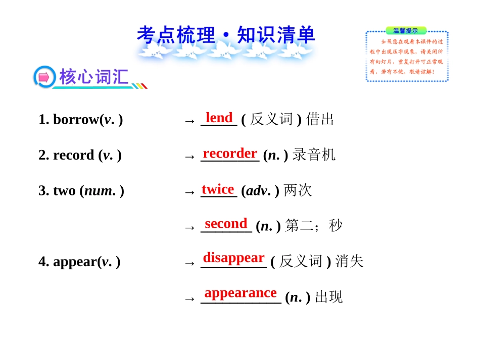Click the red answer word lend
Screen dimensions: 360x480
tap(219, 118)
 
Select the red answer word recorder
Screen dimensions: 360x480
tap(230, 153)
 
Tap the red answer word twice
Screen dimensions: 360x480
tap(218, 189)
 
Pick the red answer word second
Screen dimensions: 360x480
tap(226, 223)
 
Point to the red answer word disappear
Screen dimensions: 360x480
tap(233, 258)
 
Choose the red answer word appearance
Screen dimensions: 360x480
tap(241, 293)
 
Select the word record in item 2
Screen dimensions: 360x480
tap(74, 155)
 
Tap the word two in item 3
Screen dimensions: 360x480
tap(64, 191)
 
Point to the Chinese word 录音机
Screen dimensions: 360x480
tap(314, 155)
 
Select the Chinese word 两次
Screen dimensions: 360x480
tap(298, 191)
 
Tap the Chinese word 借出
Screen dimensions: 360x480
tap(320, 120)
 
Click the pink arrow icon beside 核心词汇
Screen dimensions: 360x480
tap(44, 77)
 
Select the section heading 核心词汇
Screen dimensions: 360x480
tap(93, 77)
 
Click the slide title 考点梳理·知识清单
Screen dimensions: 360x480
tap(226, 35)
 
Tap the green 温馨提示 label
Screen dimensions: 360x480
tap(405, 31)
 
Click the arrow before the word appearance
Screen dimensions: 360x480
tap(189, 298)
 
